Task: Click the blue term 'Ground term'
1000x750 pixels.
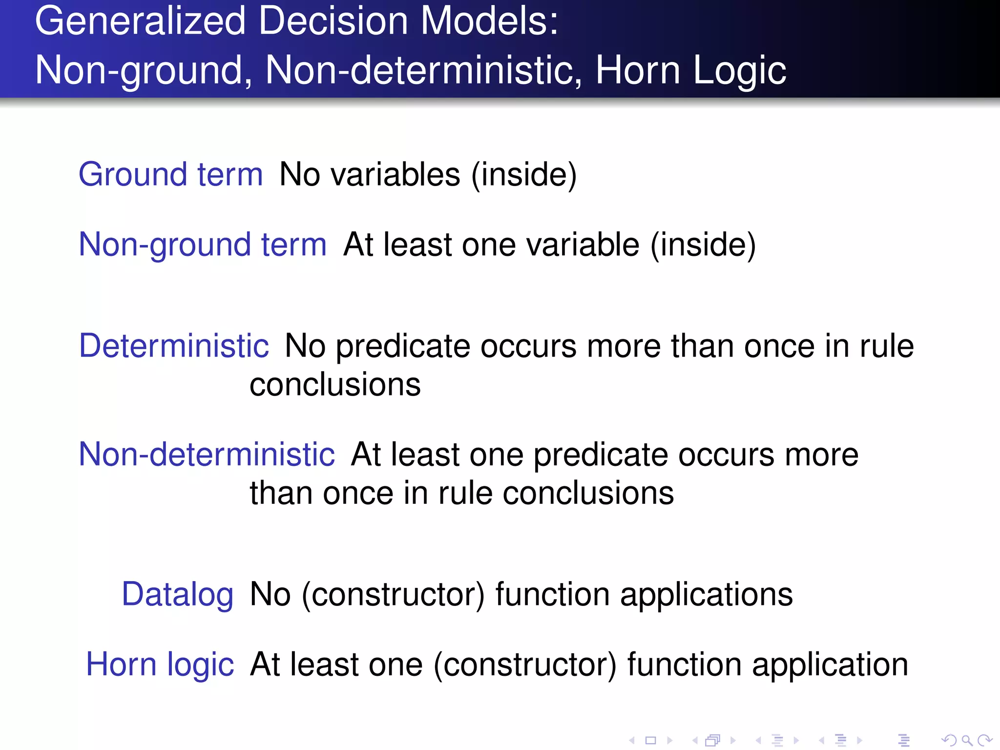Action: pos(170,174)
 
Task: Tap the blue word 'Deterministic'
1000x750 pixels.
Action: pos(174,346)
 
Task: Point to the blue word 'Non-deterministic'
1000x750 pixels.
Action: pos(207,454)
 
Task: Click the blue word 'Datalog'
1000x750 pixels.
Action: pos(178,594)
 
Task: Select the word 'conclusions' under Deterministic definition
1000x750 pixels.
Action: pos(335,385)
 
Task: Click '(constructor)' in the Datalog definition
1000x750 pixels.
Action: pos(393,594)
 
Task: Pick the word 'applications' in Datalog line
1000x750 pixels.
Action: pos(707,594)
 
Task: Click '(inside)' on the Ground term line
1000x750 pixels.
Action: pos(524,174)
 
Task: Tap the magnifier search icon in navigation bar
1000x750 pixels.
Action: pos(967,740)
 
